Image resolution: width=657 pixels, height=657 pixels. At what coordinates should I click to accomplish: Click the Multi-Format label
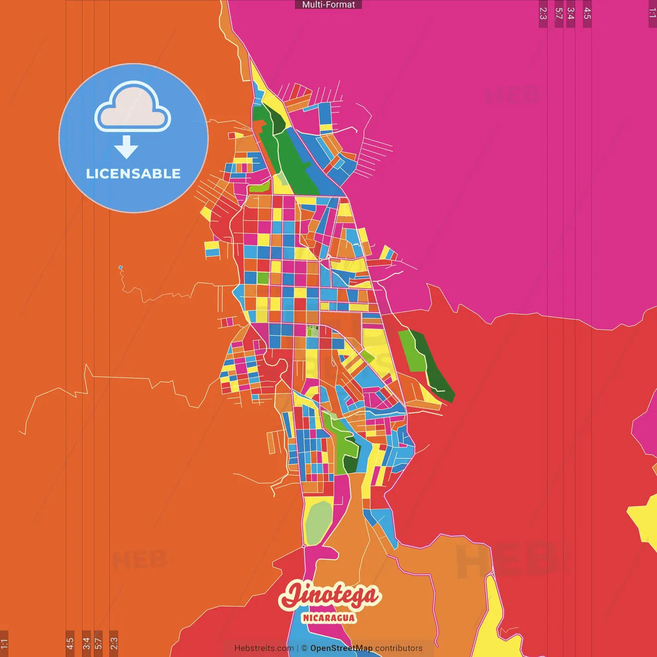pyautogui.click(x=328, y=5)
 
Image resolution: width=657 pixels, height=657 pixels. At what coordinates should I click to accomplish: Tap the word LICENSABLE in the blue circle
pyautogui.click(x=133, y=174)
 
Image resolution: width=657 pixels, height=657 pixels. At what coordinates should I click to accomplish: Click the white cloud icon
pyautogui.click(x=133, y=107)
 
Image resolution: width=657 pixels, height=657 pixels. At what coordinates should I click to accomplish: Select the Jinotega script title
pyautogui.click(x=330, y=596)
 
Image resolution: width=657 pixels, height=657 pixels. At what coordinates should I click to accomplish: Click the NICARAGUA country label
pyautogui.click(x=329, y=617)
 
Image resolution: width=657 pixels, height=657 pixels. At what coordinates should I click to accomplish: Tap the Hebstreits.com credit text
pyautogui.click(x=264, y=648)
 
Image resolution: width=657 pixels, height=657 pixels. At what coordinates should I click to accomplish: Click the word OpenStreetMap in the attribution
pyautogui.click(x=341, y=648)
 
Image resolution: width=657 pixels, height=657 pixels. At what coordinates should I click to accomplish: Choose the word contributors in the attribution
pyautogui.click(x=399, y=648)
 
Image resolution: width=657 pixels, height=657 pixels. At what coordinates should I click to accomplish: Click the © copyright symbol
pyautogui.click(x=304, y=648)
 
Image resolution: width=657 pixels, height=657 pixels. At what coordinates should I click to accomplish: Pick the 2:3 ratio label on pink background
pyautogui.click(x=543, y=13)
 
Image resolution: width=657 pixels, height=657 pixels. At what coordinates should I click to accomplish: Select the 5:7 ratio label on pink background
pyautogui.click(x=559, y=13)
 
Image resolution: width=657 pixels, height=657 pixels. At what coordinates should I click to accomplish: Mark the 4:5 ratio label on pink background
pyautogui.click(x=587, y=13)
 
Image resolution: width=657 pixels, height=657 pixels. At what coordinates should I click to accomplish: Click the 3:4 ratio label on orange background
pyautogui.click(x=86, y=643)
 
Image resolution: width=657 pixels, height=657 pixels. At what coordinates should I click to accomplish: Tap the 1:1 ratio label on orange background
pyautogui.click(x=5, y=643)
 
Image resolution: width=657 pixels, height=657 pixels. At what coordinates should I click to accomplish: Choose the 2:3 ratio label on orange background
pyautogui.click(x=114, y=643)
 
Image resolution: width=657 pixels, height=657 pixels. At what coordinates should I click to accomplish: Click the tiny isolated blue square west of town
pyautogui.click(x=121, y=267)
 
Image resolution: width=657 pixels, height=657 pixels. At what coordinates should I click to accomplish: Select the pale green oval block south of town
pyautogui.click(x=319, y=520)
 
